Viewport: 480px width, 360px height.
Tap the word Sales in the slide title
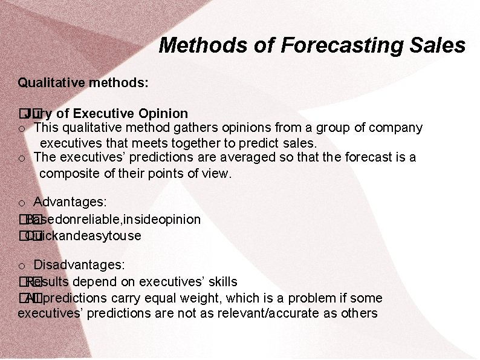point(439,45)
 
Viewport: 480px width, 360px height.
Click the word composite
point(68,174)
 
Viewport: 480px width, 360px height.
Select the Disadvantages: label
point(79,265)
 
